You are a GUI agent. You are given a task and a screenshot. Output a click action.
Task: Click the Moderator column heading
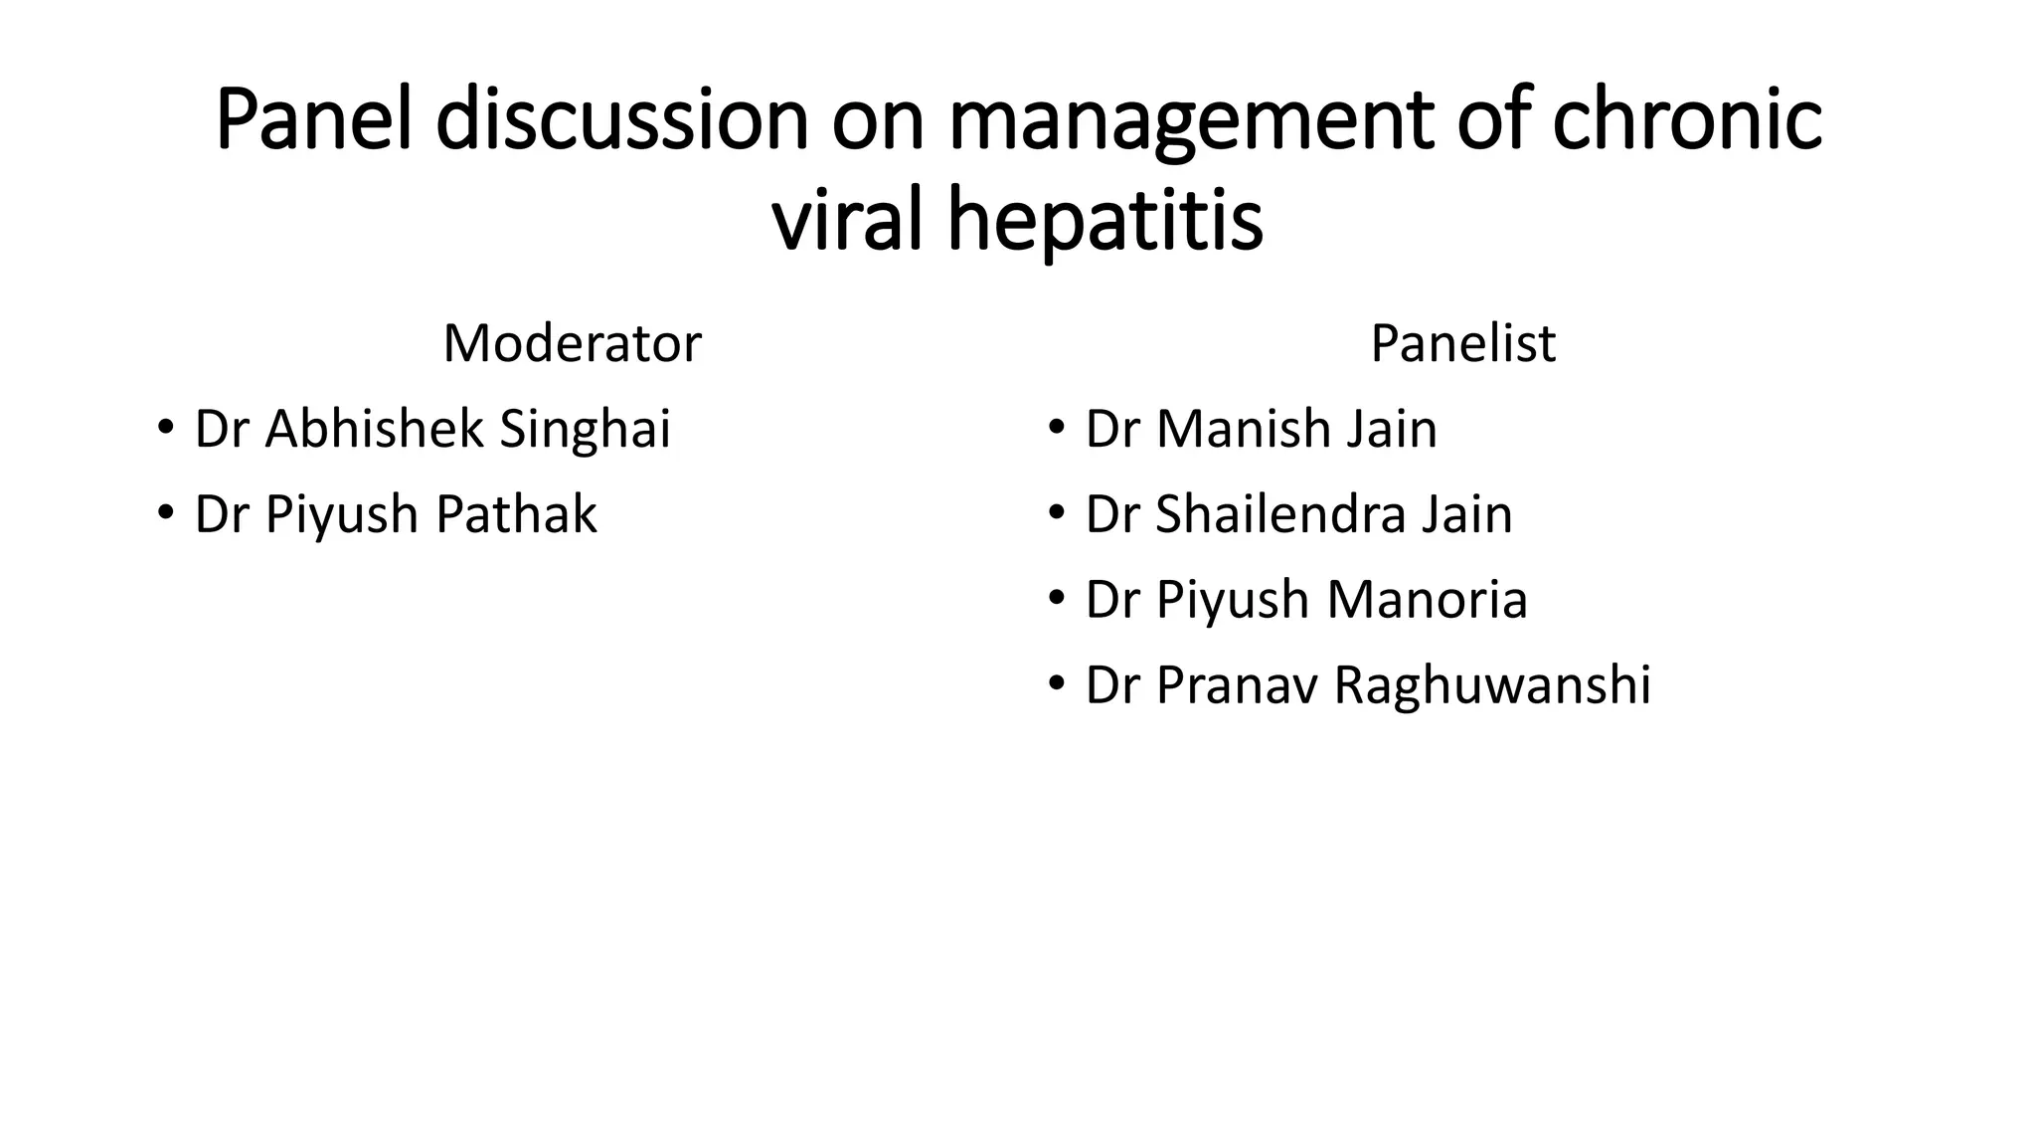click(572, 343)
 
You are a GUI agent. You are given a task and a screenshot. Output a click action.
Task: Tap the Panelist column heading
click(1462, 343)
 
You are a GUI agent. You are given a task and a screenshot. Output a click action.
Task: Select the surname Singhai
click(585, 430)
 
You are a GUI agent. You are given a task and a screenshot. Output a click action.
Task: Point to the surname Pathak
click(516, 514)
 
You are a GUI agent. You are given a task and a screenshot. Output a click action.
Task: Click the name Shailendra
click(1278, 514)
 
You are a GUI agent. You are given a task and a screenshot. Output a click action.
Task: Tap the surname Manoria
click(1427, 600)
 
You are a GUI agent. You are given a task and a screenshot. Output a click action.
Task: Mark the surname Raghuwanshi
click(1492, 686)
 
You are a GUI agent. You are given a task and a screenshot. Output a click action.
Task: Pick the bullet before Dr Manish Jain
click(1056, 429)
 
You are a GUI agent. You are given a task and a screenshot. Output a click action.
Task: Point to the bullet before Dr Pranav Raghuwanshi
click(1056, 685)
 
